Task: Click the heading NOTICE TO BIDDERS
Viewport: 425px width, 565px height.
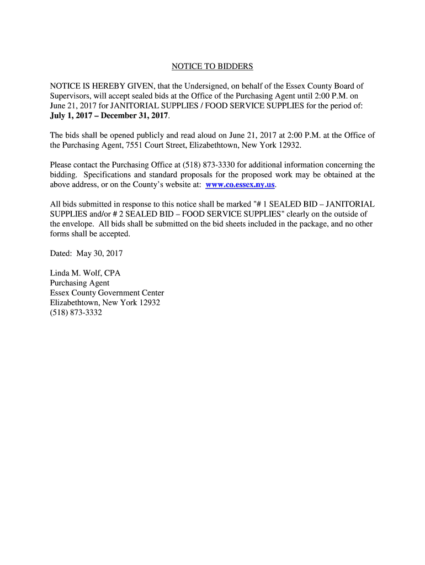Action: click(x=212, y=67)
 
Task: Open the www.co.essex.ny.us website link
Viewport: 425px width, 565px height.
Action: click(x=240, y=185)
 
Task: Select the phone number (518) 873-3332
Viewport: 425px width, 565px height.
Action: click(x=76, y=312)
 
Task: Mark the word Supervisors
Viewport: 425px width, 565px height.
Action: click(x=71, y=96)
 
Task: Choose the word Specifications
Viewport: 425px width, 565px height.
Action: click(x=108, y=174)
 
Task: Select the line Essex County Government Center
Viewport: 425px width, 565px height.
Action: click(x=107, y=292)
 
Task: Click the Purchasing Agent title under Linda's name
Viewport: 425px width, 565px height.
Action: click(x=79, y=282)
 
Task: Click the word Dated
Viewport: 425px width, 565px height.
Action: click(x=61, y=253)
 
